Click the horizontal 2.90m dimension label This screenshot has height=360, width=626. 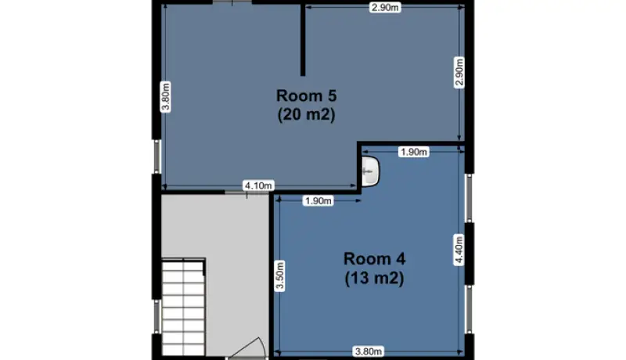[x=384, y=8]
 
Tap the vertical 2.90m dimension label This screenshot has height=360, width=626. [x=459, y=72]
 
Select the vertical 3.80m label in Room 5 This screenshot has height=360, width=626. [x=165, y=96]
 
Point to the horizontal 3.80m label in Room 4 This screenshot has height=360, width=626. [x=369, y=351]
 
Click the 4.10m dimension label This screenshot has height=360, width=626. [x=258, y=185]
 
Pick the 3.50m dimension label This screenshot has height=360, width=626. [x=280, y=275]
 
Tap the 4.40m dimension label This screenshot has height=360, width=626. [x=459, y=250]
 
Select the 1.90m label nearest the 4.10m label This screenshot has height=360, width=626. [x=318, y=201]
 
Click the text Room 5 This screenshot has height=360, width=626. [x=307, y=95]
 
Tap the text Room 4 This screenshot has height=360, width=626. [x=375, y=258]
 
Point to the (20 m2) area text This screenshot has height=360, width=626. [x=307, y=115]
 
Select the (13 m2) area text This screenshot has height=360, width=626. [x=375, y=278]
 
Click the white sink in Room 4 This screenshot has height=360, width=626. [x=370, y=171]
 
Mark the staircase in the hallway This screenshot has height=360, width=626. [x=183, y=307]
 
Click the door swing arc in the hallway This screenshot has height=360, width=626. [x=250, y=347]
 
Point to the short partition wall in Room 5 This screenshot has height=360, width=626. [x=303, y=40]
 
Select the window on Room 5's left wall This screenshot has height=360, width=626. [x=157, y=157]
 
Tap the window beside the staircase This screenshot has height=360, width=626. [x=157, y=316]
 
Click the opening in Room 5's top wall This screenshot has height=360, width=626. [x=232, y=2]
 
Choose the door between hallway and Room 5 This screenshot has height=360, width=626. [x=246, y=193]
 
